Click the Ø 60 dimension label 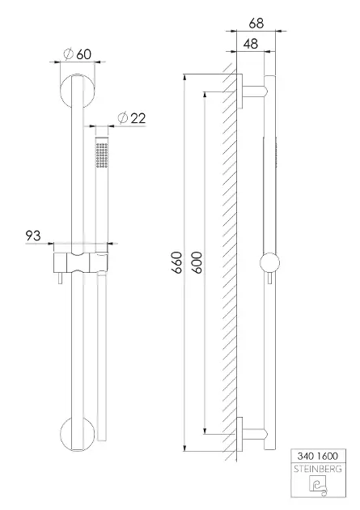point(78,54)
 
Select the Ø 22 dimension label point(132,117)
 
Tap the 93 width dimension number point(33,236)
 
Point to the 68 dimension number point(256,23)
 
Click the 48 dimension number point(251,44)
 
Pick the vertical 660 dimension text point(177,262)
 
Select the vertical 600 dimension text point(197,262)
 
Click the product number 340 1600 point(318,456)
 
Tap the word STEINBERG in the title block point(318,469)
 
